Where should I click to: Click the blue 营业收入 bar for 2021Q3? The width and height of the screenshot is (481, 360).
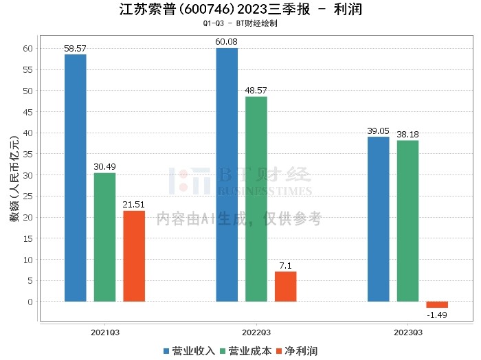tap(76, 178)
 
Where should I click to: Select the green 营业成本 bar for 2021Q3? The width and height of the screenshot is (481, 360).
tap(104, 237)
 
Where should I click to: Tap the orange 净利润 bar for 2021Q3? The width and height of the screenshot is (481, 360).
tap(134, 256)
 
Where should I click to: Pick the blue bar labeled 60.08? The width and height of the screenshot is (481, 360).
tap(227, 175)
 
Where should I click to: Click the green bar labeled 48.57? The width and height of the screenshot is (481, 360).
tap(256, 199)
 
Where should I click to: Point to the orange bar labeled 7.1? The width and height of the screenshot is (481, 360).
tap(286, 286)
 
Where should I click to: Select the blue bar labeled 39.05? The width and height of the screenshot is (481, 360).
tap(379, 219)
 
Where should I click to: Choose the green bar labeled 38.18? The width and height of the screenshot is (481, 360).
tap(407, 221)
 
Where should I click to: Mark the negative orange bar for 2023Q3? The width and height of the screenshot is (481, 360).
tap(437, 304)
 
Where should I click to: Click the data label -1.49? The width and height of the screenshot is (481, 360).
tap(437, 315)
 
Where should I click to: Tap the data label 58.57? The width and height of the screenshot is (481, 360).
tap(76, 49)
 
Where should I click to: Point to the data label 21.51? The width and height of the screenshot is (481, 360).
tap(134, 205)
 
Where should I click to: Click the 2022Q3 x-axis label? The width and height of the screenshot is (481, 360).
tap(256, 332)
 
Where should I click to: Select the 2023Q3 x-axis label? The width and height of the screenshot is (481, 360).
tap(407, 332)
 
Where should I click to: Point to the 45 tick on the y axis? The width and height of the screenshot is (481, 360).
tap(28, 111)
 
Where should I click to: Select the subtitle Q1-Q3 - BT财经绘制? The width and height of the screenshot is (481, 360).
tap(240, 23)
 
